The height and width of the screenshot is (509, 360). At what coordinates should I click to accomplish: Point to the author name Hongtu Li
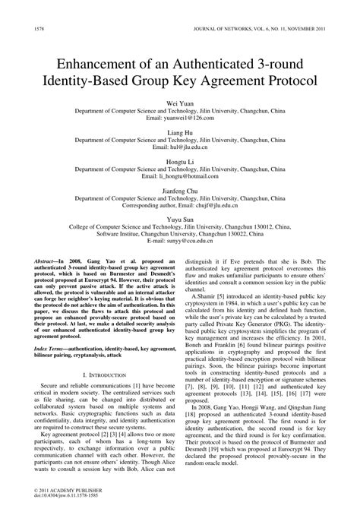pyautogui.click(x=179, y=162)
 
